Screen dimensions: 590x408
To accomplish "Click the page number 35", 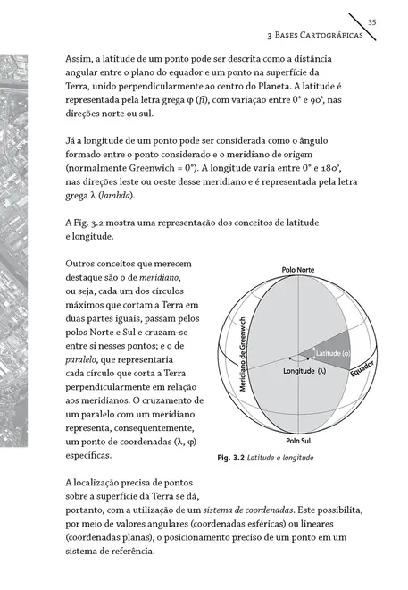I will coord(372,21).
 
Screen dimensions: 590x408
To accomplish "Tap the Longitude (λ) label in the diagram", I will coord(304,369).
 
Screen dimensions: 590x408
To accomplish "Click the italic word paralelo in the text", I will coord(88,364).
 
